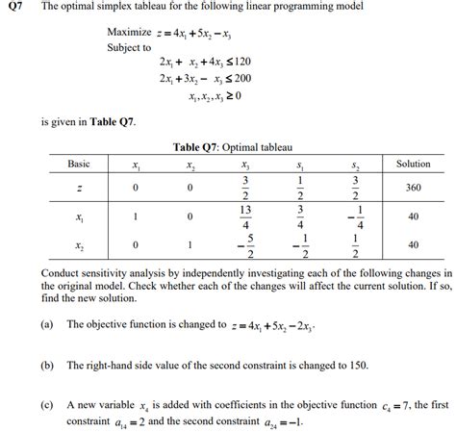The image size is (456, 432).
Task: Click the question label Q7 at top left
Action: tap(16, 10)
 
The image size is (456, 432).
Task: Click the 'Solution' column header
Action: tap(413, 164)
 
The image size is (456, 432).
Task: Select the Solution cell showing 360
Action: tap(413, 187)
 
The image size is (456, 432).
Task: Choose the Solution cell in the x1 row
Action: tap(413, 216)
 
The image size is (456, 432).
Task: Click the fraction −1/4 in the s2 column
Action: tap(357, 216)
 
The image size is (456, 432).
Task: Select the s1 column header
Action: tap(301, 165)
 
